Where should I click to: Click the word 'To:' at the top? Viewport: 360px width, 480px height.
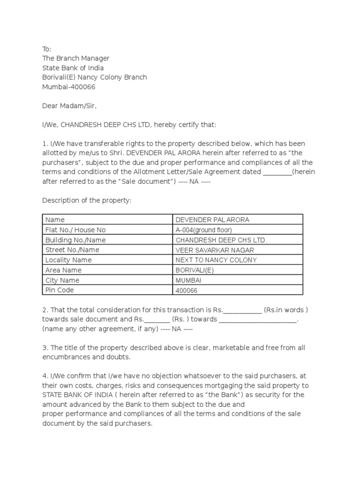[x=47, y=49]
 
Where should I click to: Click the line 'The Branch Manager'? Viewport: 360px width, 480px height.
[x=76, y=58]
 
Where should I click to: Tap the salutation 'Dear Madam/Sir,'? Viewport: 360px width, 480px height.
[x=69, y=106]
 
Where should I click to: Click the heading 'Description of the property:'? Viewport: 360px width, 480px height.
[x=87, y=201]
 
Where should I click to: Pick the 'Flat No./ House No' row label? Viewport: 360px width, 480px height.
[x=75, y=230]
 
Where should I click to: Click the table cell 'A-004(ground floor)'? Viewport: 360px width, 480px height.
[x=203, y=230]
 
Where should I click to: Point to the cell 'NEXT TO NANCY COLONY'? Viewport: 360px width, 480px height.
[x=216, y=260]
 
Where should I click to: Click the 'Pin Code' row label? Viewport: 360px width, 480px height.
[x=60, y=290]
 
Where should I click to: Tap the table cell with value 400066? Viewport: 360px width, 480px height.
[x=187, y=291]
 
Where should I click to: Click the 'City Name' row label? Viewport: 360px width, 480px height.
[x=62, y=280]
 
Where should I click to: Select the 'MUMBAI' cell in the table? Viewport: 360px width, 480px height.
[x=188, y=280]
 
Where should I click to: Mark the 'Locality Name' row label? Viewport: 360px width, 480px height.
[x=68, y=260]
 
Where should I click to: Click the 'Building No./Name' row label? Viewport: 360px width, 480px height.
[x=75, y=240]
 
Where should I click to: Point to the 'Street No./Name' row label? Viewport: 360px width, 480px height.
[x=72, y=250]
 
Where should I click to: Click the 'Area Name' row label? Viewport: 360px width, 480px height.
[x=63, y=270]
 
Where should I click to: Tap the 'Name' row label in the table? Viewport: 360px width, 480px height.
[x=55, y=219]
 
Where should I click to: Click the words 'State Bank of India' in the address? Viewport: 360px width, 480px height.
[x=73, y=67]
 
